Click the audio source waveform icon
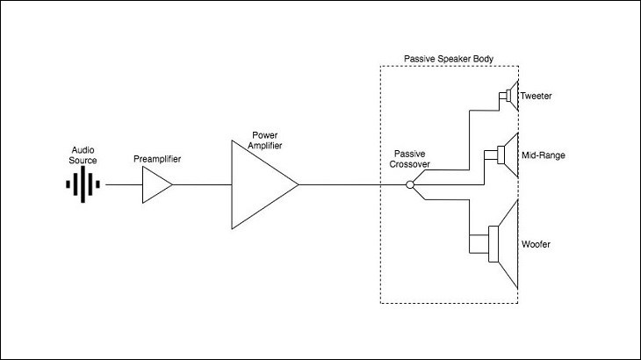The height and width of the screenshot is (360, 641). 83,184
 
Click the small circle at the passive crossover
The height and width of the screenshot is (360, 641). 410,184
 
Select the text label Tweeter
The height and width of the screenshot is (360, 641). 536,96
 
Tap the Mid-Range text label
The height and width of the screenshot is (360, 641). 544,155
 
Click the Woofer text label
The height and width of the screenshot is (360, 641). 536,244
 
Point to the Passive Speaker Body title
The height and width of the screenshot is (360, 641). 449,59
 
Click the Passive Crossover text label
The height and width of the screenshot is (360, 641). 409,159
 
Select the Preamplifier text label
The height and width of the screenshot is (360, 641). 157,159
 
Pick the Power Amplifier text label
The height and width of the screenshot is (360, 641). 265,140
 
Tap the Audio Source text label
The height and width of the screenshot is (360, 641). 83,155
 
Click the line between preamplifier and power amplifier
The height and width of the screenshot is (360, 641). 202,184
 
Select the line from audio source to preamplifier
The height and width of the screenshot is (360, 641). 124,184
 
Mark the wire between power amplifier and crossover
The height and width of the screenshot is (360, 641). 352,184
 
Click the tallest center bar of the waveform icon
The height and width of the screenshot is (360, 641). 83,184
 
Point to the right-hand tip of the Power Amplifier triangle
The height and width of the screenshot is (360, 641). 299,184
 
